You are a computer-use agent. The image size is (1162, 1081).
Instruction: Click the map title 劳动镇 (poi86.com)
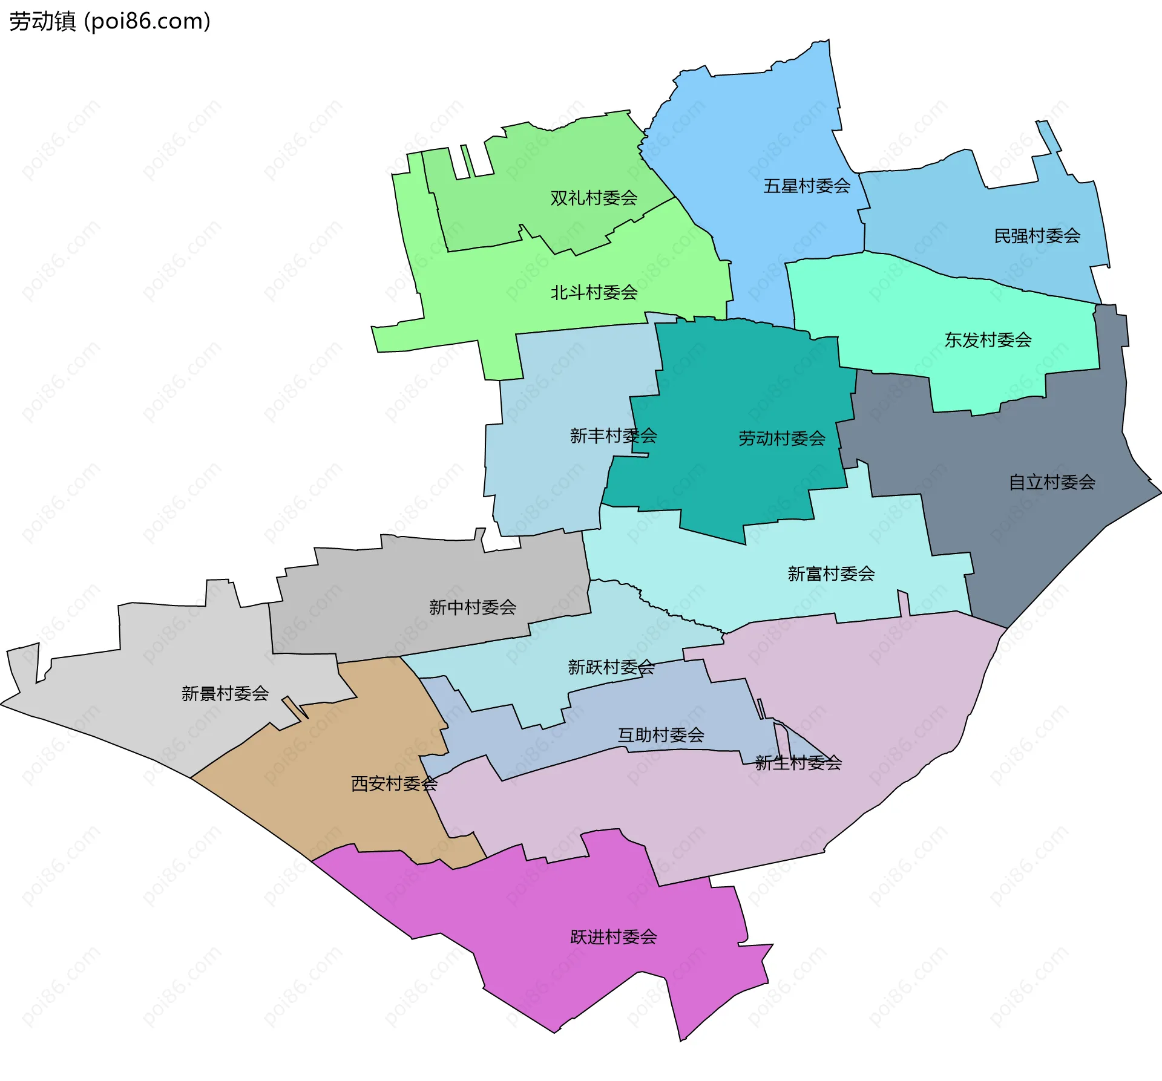click(110, 22)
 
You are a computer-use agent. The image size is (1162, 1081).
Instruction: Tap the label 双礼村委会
click(594, 198)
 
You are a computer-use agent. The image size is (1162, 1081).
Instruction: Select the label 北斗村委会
click(594, 293)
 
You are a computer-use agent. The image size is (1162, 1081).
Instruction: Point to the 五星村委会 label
click(807, 186)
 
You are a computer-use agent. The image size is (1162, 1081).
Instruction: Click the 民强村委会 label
click(1037, 235)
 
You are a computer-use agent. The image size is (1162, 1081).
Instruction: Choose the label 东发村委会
click(988, 340)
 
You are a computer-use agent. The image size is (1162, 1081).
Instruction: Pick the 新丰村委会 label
click(613, 436)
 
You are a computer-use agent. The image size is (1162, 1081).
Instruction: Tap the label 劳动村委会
click(782, 439)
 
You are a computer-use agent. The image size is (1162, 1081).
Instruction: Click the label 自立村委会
click(1052, 482)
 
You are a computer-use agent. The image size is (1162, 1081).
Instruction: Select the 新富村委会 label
click(831, 573)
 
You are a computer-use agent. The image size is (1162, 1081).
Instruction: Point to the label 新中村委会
click(472, 607)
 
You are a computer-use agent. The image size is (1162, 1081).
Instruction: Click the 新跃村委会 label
click(611, 667)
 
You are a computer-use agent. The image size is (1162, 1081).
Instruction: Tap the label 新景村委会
click(225, 693)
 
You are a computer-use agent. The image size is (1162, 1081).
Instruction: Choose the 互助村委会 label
click(660, 735)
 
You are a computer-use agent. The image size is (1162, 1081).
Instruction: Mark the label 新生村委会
click(798, 763)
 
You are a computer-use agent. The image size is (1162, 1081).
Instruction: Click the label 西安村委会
click(394, 784)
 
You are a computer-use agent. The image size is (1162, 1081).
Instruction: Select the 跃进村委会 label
click(613, 937)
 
